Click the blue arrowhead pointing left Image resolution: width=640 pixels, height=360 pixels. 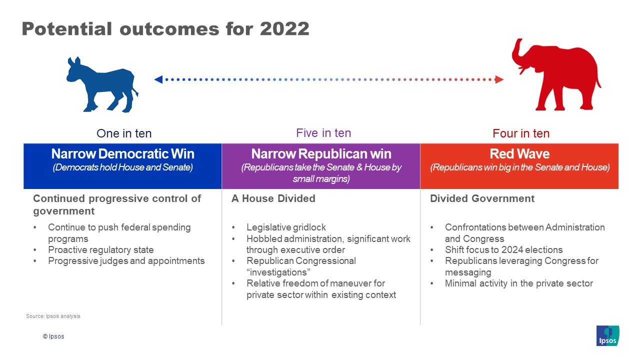[158, 79]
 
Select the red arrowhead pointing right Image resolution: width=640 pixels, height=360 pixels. [499, 79]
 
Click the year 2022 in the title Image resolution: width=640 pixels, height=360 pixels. [284, 29]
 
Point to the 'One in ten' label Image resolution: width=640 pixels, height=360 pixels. [124, 133]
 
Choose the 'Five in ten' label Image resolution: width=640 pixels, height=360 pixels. [323, 133]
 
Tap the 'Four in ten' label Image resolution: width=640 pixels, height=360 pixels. [521, 133]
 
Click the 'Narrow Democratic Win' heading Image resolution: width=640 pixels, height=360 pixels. [123, 153]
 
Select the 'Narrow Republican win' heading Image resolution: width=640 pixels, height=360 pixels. [321, 153]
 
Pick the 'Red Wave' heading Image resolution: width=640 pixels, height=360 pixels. [519, 153]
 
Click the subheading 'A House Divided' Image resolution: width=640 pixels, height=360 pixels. [273, 198]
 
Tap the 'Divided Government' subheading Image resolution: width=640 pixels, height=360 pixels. [482, 198]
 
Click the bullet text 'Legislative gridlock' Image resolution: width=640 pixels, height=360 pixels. [286, 227]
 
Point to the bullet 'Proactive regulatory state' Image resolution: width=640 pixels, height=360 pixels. [101, 249]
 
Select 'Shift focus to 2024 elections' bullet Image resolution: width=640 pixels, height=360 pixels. [503, 249]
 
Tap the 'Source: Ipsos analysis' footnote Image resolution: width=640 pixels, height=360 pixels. [53, 316]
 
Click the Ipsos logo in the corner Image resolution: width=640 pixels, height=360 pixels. [607, 335]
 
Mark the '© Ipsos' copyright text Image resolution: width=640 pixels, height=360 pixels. [53, 336]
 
